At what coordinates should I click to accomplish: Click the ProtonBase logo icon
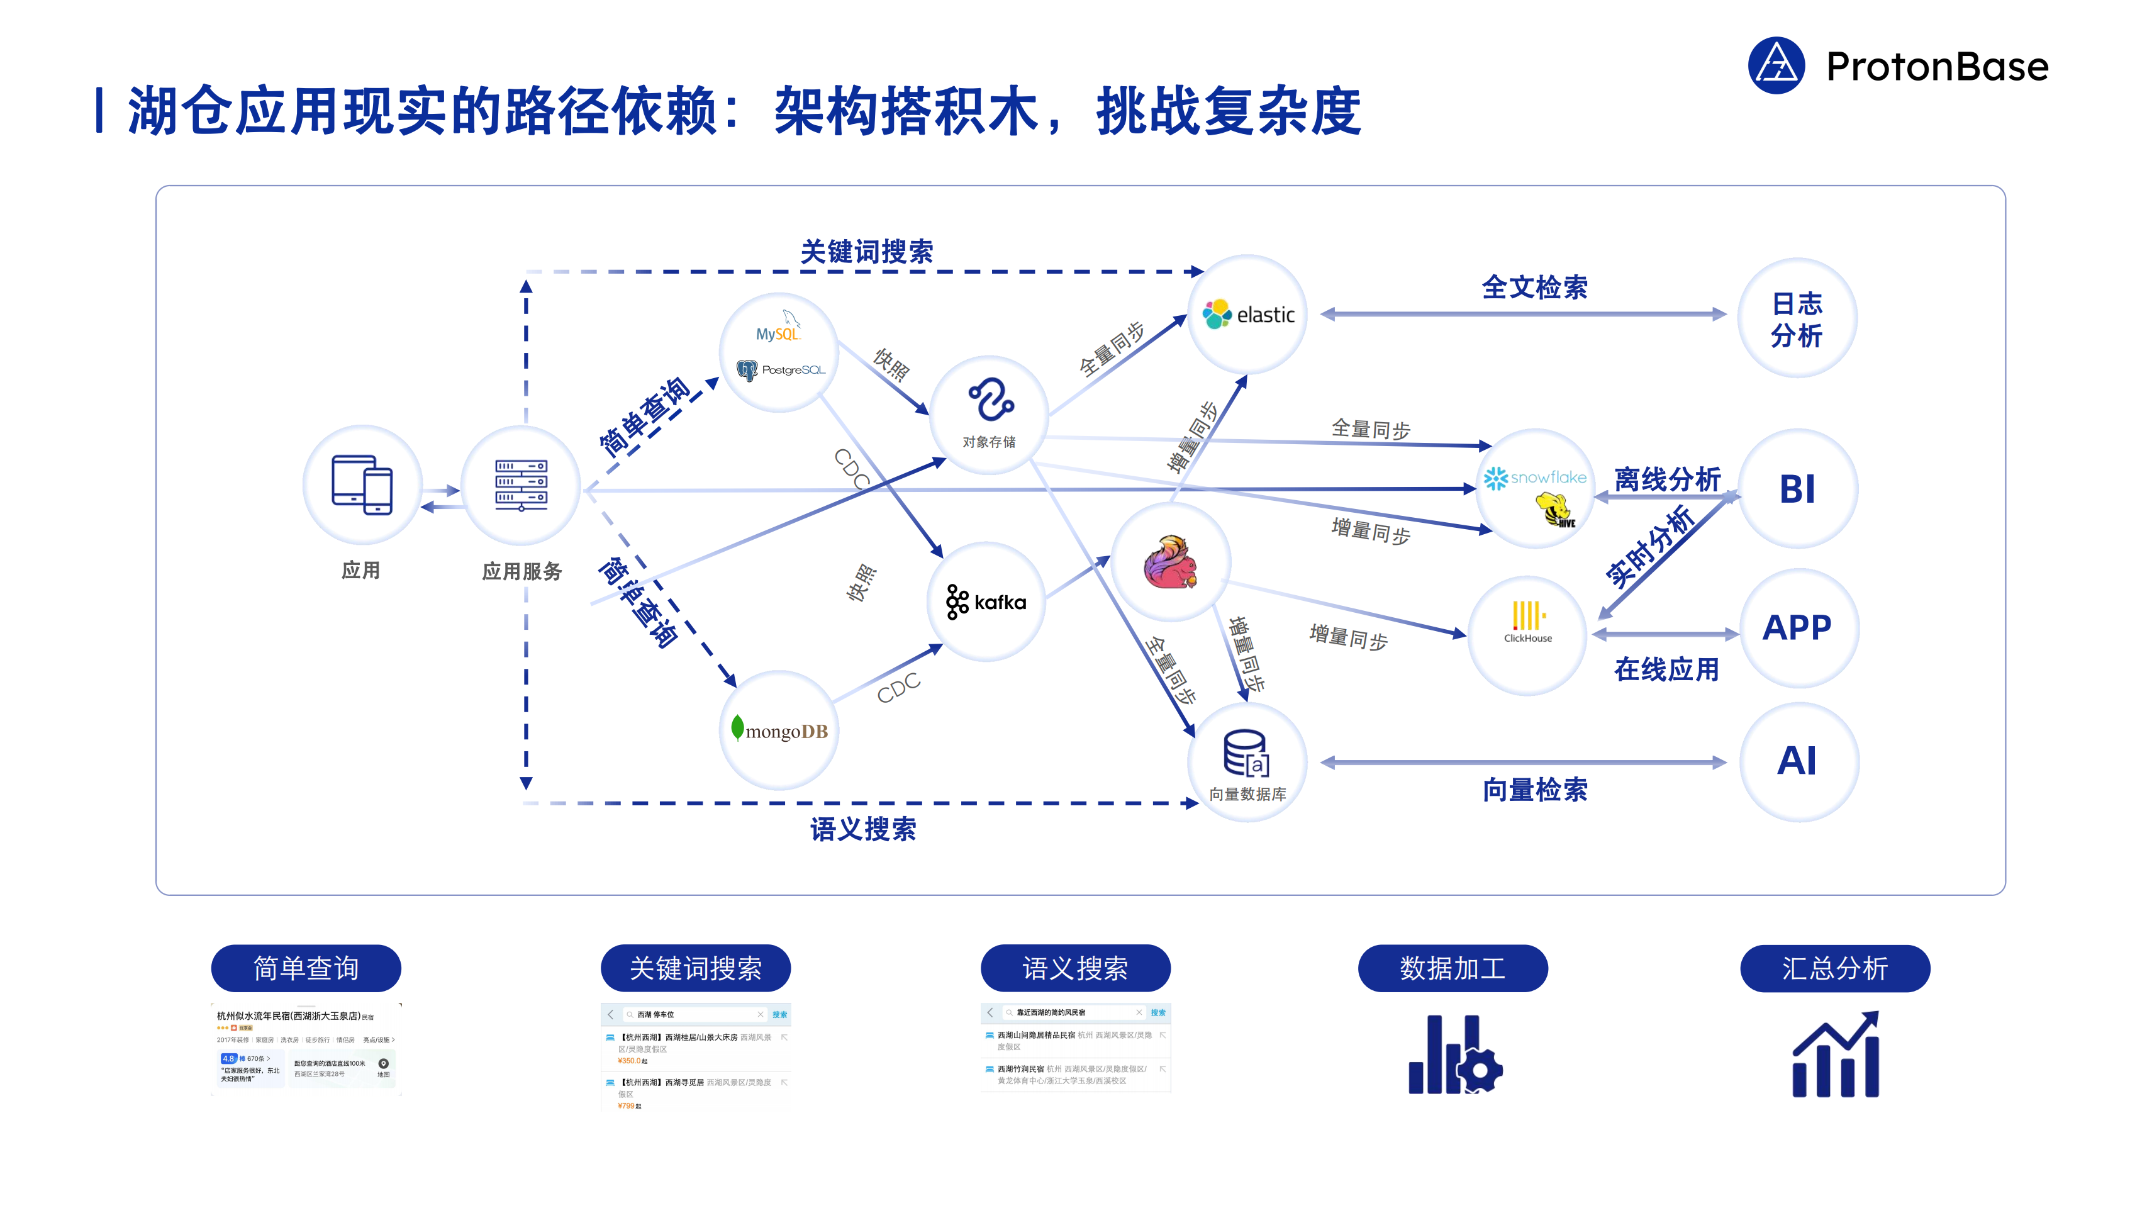pyautogui.click(x=1776, y=66)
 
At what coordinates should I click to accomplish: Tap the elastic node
pyautogui.click(x=1247, y=315)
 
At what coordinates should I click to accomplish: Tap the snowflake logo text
pyautogui.click(x=1549, y=477)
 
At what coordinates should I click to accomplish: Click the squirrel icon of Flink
pyautogui.click(x=1170, y=562)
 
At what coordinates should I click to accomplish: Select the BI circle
pyautogui.click(x=1798, y=488)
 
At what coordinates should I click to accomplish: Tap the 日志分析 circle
pyautogui.click(x=1797, y=318)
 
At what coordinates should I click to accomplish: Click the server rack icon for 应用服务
pyautogui.click(x=521, y=484)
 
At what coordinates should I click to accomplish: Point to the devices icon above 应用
pyautogui.click(x=362, y=484)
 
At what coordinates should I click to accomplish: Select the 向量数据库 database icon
pyautogui.click(x=1246, y=753)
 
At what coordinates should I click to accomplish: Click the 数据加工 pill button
pyautogui.click(x=1453, y=968)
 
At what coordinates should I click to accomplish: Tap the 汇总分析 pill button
pyautogui.click(x=1834, y=968)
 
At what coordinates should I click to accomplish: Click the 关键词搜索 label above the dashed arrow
pyautogui.click(x=867, y=252)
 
